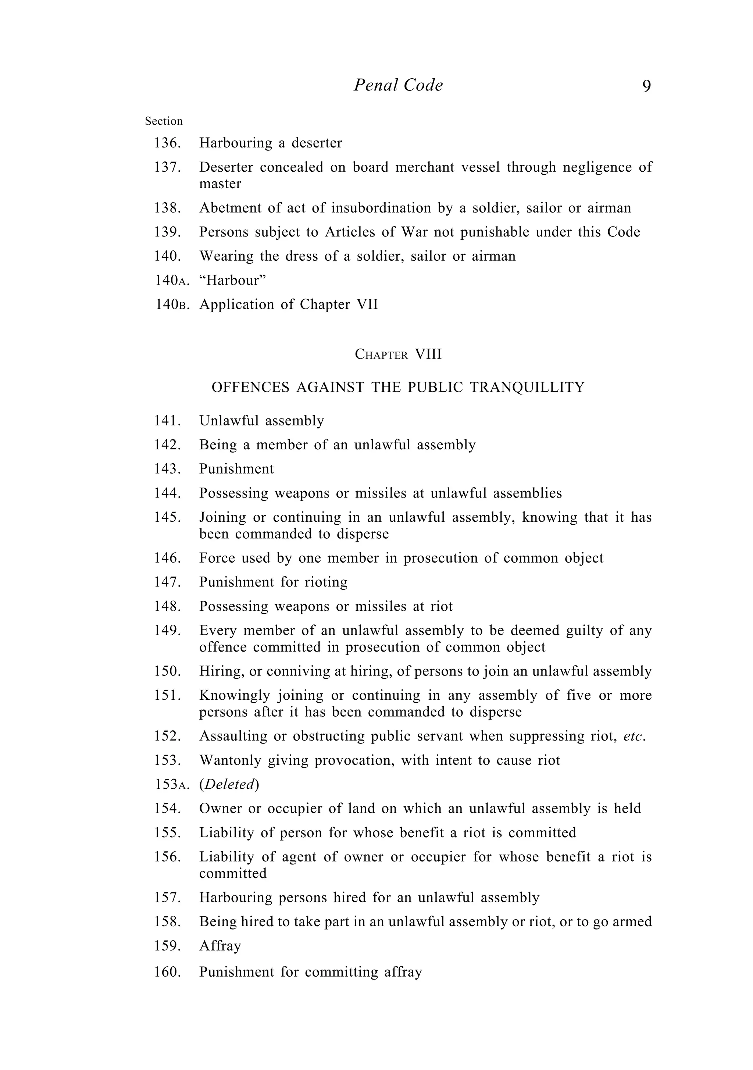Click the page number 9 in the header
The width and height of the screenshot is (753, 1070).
pos(646,86)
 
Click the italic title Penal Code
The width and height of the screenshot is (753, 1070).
pos(398,85)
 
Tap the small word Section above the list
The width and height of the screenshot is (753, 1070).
pos(164,121)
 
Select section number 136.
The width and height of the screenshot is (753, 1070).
pos(167,143)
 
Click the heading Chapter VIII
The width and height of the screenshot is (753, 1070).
pos(398,355)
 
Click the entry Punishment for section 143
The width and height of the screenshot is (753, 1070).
pos(236,469)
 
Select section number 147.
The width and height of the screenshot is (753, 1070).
pos(167,582)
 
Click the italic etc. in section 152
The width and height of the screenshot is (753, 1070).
pos(634,736)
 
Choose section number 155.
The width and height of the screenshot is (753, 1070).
pos(167,833)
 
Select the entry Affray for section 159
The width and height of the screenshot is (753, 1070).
pos(220,946)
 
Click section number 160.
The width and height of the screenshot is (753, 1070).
pos(167,972)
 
